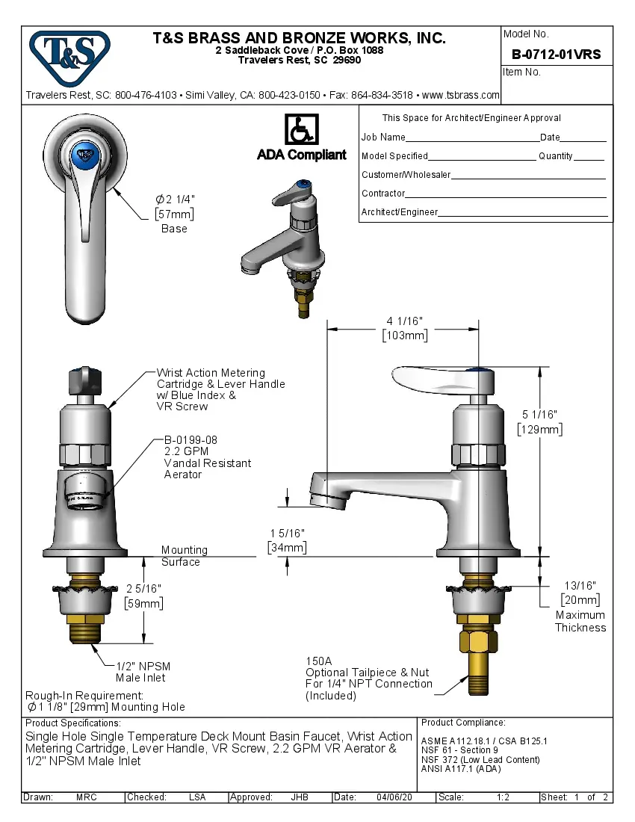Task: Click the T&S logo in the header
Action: coord(69,53)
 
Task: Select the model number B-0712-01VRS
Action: coord(556,55)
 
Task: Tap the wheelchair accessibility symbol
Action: coord(301,130)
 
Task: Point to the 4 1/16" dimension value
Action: coord(404,321)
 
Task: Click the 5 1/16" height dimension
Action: coord(539,414)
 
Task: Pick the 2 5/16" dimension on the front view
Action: coord(144,588)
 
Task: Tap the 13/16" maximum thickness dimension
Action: coord(580,585)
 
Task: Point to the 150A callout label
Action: coord(319,661)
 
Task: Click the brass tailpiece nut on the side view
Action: coord(478,642)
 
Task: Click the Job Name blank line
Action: coord(472,137)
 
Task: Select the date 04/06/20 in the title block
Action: coord(394,797)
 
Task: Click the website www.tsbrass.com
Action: coord(460,95)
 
